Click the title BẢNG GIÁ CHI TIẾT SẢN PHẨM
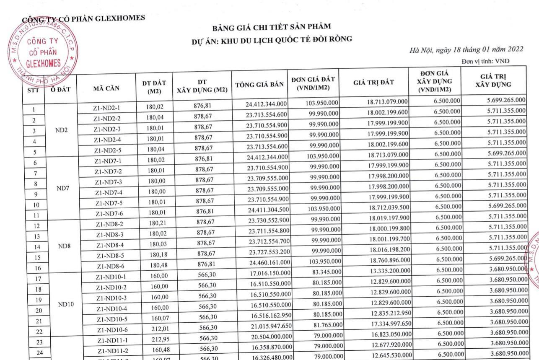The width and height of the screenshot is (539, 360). pos(272,28)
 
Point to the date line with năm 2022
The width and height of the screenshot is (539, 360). pos(466,49)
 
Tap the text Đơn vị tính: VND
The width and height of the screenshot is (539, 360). pos(485,61)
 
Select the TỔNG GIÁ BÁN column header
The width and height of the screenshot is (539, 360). pos(259,84)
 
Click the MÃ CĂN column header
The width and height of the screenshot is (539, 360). pos(106,88)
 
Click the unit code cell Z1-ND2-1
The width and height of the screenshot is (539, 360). pos(107,108)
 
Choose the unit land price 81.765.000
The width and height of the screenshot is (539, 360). pos(327,324)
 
